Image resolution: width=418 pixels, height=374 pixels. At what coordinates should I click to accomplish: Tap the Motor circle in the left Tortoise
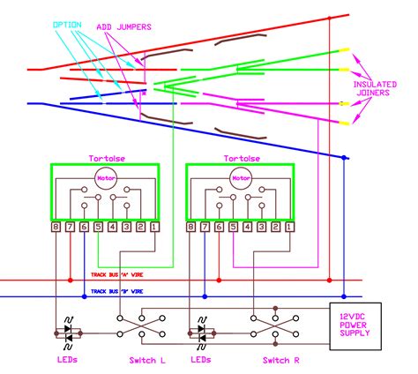point(106,176)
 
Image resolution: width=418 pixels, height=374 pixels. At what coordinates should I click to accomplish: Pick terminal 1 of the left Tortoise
point(155,228)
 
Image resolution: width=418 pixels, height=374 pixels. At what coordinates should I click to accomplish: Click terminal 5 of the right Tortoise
point(232,228)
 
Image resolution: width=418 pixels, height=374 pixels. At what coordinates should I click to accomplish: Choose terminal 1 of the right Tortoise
point(287,228)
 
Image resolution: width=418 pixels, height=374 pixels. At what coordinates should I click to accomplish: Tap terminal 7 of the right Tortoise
point(204,228)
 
